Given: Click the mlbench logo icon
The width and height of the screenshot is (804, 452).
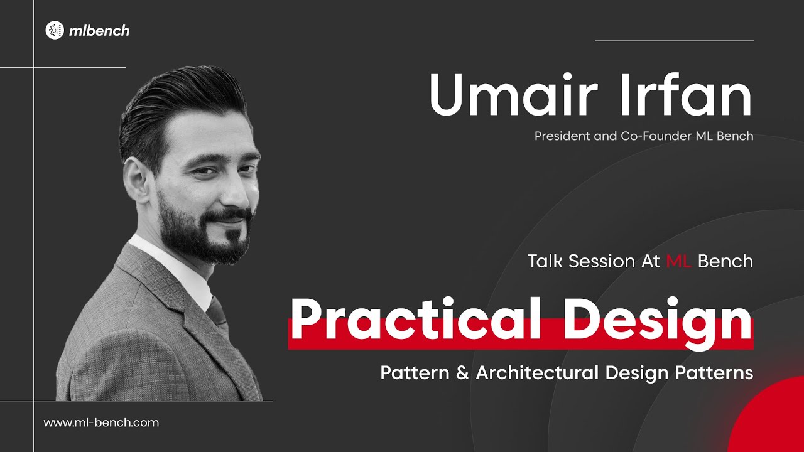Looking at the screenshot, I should (x=55, y=30).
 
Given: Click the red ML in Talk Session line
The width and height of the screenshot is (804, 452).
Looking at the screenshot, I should (x=678, y=261).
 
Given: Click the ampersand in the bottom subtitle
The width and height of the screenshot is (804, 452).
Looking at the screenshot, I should (x=462, y=373).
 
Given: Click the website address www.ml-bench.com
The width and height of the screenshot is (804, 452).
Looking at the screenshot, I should (x=101, y=422).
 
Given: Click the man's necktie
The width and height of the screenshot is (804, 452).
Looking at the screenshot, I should (x=217, y=314).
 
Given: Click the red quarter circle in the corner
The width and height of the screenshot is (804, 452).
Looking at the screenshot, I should (x=773, y=421).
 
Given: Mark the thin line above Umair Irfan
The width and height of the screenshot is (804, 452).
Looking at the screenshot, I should (x=674, y=41).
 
